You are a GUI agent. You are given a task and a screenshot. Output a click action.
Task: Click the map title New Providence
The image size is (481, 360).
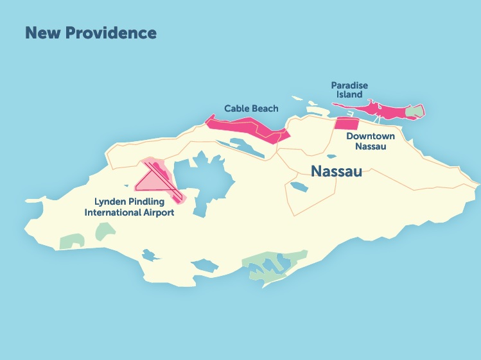(91, 32)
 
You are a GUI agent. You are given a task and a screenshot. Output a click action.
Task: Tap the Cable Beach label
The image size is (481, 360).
(251, 108)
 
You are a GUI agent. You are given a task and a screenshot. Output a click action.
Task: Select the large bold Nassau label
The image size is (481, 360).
(337, 171)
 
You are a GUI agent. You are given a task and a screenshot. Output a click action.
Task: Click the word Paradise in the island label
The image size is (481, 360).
(349, 85)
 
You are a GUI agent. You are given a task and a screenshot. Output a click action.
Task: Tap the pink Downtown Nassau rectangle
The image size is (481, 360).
(347, 124)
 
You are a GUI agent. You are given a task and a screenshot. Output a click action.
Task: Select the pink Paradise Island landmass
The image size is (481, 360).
(385, 108)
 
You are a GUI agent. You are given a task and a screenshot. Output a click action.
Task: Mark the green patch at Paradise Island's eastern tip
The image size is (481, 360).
(416, 113)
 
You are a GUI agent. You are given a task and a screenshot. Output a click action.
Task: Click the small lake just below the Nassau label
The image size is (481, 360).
(299, 187)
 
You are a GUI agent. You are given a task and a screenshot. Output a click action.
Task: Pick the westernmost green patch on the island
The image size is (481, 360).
(69, 242)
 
